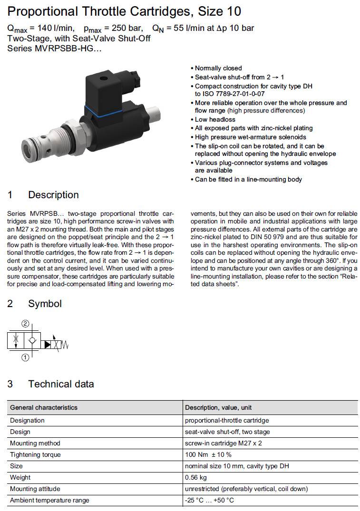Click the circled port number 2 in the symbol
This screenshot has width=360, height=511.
click(x=25, y=324)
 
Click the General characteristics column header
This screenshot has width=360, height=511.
click(x=44, y=407)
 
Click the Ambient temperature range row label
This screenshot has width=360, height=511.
click(x=49, y=500)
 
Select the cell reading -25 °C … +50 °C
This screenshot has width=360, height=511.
click(x=209, y=500)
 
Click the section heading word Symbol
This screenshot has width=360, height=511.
click(x=45, y=303)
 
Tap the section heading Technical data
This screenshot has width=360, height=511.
click(x=61, y=384)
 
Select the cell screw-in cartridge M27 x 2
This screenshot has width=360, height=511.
click(x=224, y=443)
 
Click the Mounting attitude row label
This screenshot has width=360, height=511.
click(x=35, y=489)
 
